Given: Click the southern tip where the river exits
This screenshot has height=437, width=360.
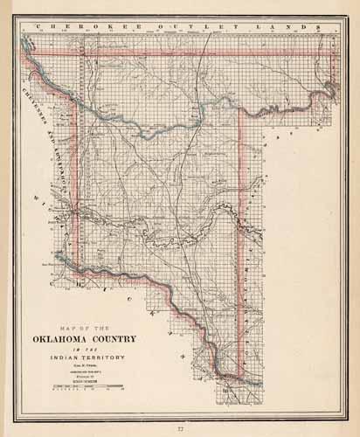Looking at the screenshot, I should pos(229,378).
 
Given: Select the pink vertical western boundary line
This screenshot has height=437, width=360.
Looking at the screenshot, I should pos(77,175).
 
